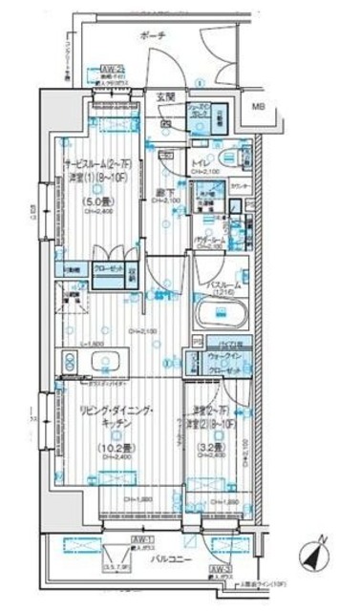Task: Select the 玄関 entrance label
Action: click(x=163, y=97)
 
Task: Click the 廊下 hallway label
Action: click(x=162, y=192)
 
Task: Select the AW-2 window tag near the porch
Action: click(x=113, y=69)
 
